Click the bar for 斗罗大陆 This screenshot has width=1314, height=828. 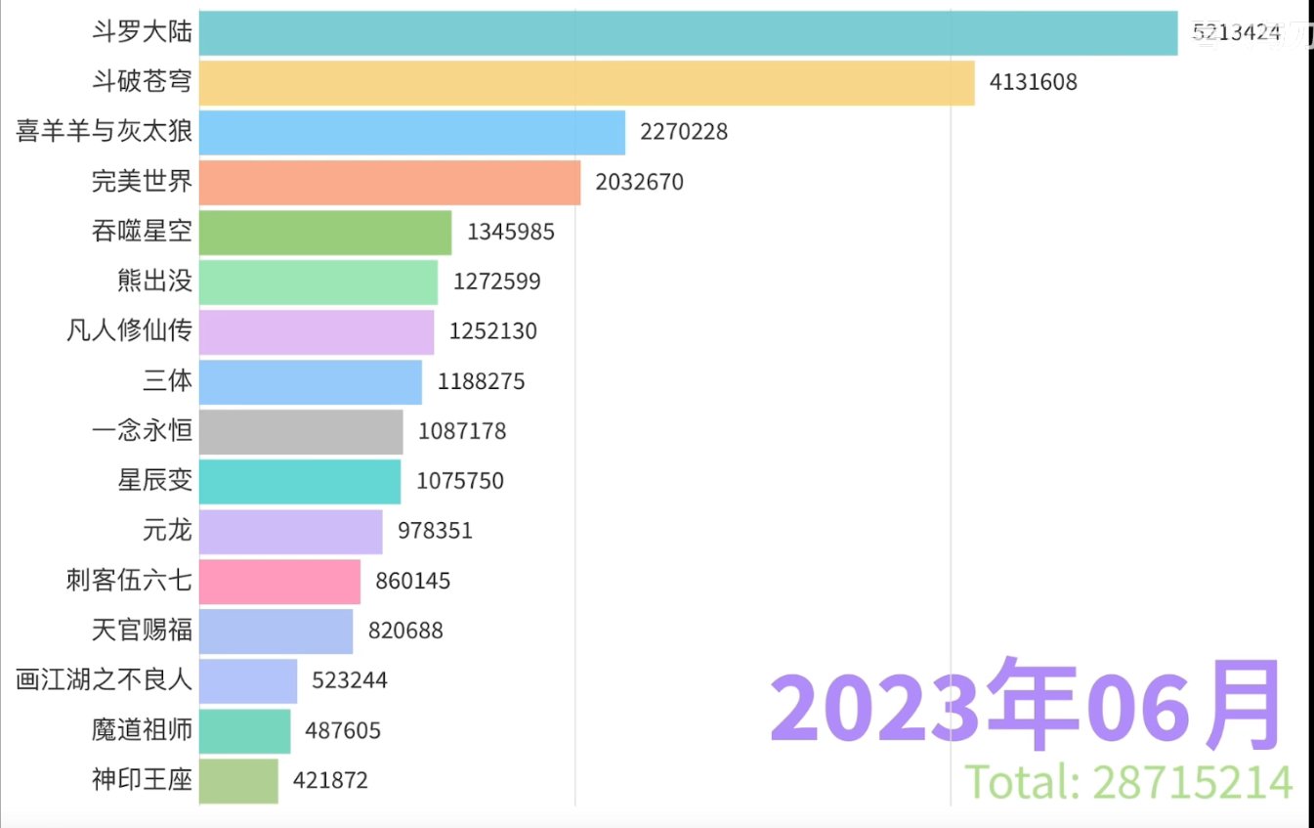point(688,33)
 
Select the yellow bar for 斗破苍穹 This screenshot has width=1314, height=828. point(586,83)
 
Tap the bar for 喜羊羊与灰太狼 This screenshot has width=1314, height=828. point(411,133)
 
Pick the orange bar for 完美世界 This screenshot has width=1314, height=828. point(389,183)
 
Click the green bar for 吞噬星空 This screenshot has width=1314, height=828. point(324,233)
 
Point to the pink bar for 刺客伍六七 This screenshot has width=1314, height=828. point(279,582)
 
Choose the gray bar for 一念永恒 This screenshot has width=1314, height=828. point(300,432)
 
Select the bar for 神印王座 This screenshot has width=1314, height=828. point(238,781)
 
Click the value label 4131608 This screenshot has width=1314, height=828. point(1033,82)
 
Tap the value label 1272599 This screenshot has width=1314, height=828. point(496,283)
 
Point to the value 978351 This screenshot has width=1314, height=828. point(435,531)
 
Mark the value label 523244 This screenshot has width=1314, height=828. point(350,680)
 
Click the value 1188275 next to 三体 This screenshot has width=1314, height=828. point(481,382)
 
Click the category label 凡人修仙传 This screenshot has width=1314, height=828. point(129,331)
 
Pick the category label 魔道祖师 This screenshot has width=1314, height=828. point(142,730)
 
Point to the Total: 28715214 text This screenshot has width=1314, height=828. point(1128,782)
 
